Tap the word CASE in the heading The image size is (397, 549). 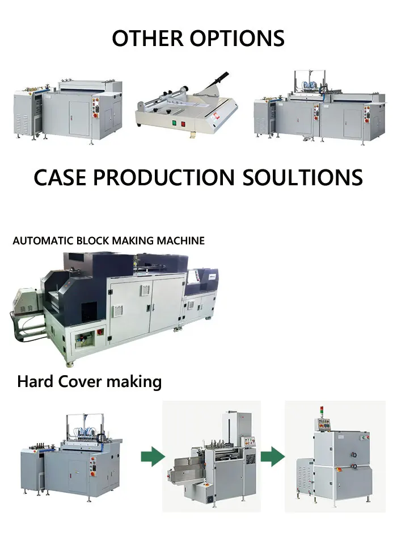[x=60, y=177]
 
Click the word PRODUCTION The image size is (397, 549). [x=163, y=177]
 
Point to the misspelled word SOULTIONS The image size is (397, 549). [x=303, y=177]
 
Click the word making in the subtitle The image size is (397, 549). [x=134, y=381]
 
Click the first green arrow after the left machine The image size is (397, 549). [x=153, y=455]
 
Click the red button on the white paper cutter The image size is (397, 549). [x=183, y=123]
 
